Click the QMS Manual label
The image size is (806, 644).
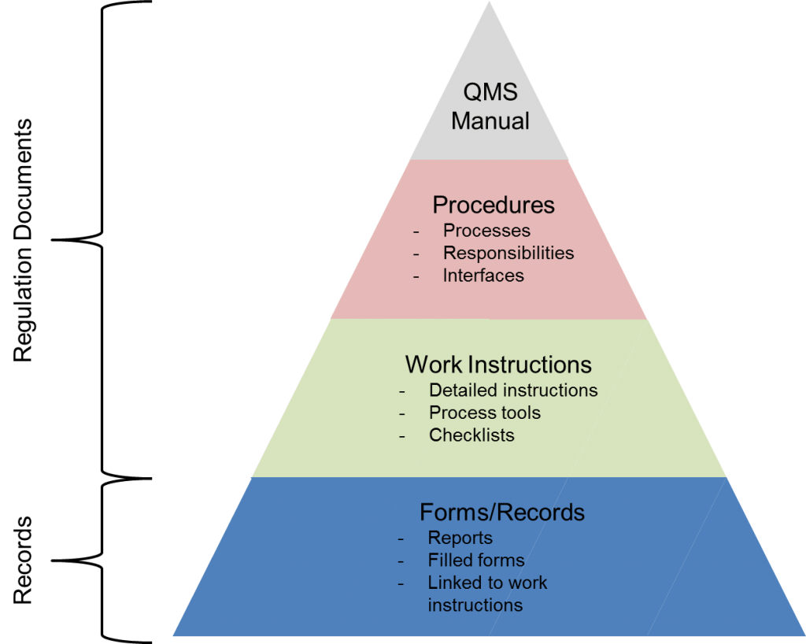[x=490, y=106]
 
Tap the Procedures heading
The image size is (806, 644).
[x=494, y=205]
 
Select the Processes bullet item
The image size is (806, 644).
[x=486, y=231]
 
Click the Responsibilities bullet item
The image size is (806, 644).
[x=508, y=253]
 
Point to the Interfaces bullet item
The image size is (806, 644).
[x=483, y=276]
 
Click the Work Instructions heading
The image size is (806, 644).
[x=498, y=365]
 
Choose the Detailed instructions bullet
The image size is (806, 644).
[x=513, y=390]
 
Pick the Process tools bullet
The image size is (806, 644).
[x=485, y=413]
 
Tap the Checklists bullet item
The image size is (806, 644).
[x=471, y=435]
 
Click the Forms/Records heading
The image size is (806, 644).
[x=502, y=513]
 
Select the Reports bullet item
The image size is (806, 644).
[x=460, y=538]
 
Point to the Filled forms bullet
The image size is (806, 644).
[x=476, y=561]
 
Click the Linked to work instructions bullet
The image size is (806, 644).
[x=486, y=594]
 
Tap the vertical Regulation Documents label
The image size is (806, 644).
[x=24, y=240]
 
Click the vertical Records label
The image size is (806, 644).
[x=24, y=560]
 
